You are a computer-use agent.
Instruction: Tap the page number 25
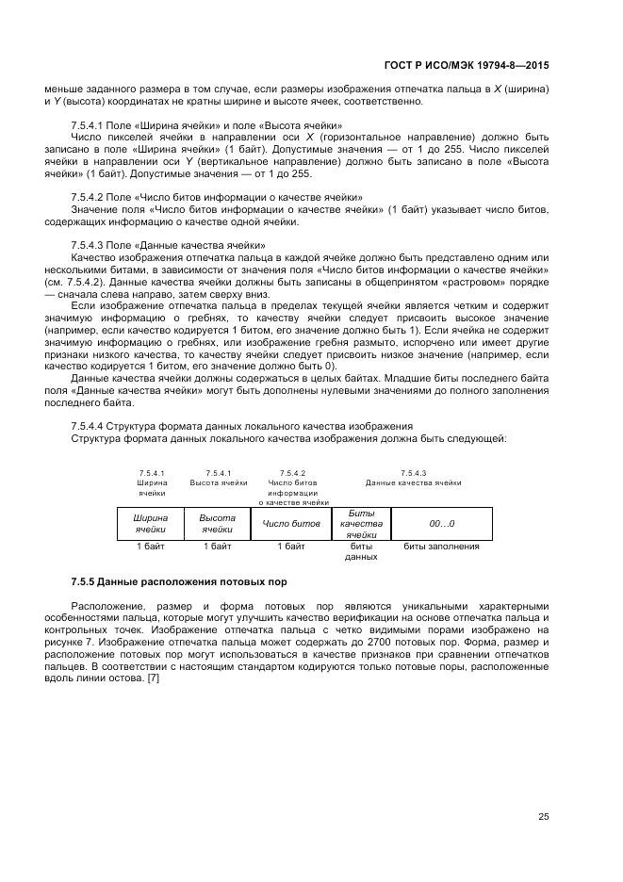[543, 817]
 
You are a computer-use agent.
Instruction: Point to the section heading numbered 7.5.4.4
[241, 426]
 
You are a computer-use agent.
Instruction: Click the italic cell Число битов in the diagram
[291, 523]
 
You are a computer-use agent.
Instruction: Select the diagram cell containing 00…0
[441, 523]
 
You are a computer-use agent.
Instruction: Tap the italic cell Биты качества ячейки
[361, 523]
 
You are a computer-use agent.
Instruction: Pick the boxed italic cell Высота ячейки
[217, 523]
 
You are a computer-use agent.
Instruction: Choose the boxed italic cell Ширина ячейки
[150, 523]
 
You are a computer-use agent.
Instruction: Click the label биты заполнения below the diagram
[441, 546]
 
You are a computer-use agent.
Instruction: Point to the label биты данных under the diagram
[361, 551]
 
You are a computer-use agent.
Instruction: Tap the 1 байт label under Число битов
[291, 546]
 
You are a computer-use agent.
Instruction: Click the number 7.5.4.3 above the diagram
[413, 472]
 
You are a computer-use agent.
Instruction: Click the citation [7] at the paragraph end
[153, 668]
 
